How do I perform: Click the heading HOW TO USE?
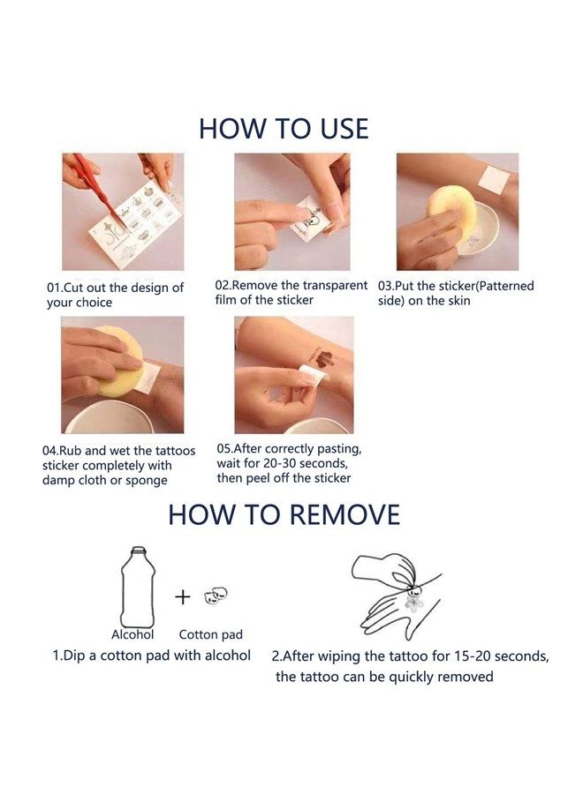click(284, 129)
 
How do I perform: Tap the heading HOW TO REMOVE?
click(284, 514)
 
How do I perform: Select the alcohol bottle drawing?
click(138, 587)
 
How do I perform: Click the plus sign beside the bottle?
click(183, 597)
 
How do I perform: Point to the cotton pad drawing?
click(216, 595)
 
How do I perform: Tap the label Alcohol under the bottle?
click(132, 634)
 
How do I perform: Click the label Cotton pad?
click(211, 634)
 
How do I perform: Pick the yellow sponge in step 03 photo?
click(450, 212)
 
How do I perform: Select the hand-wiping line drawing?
click(396, 596)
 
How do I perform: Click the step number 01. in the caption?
click(54, 288)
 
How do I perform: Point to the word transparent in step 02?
click(335, 285)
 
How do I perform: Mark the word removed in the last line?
click(465, 677)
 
